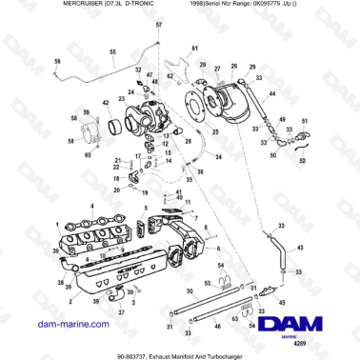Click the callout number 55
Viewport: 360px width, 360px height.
click(112, 50)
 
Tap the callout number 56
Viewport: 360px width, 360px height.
click(56, 61)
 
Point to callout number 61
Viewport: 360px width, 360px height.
click(194, 48)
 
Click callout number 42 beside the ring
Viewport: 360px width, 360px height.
click(107, 104)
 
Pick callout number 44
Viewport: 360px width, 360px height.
click(271, 93)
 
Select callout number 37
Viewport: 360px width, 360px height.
click(121, 313)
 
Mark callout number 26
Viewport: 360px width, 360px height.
click(234, 67)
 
